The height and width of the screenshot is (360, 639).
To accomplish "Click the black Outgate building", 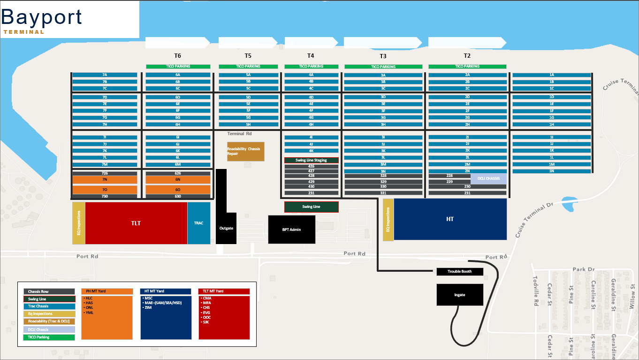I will point(226,228).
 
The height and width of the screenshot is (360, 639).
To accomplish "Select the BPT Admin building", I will point(291,230).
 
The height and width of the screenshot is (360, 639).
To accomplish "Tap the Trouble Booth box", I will point(460,272).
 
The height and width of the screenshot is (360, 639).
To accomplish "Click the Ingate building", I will point(460,295).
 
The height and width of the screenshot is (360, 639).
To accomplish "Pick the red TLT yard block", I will point(136,223).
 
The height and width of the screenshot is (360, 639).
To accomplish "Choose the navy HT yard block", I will point(450,219).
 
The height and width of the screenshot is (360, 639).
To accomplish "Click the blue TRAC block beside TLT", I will point(198,223).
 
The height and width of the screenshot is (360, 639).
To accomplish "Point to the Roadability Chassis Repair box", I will point(245,151).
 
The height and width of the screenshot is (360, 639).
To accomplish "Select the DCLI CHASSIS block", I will point(488,178).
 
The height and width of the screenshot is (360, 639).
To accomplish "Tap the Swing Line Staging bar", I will point(311,161).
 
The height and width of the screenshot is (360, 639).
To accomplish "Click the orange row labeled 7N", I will point(105,180).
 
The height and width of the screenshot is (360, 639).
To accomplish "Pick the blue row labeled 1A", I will point(551,75).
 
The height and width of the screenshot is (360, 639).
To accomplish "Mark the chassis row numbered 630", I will point(178,196).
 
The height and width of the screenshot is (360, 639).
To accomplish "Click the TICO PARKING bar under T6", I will point(178,67).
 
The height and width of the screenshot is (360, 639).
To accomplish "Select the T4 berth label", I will point(311,55).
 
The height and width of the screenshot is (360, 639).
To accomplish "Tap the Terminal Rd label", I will point(239,134).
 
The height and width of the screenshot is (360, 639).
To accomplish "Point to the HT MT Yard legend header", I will point(166,291).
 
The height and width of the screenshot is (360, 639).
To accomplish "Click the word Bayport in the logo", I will point(42,17).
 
